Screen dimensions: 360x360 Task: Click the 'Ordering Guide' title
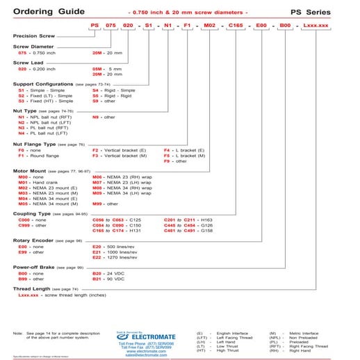point(44,11)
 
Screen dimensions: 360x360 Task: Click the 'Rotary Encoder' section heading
point(33,240)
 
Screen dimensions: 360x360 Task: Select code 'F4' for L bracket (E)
point(167,150)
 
